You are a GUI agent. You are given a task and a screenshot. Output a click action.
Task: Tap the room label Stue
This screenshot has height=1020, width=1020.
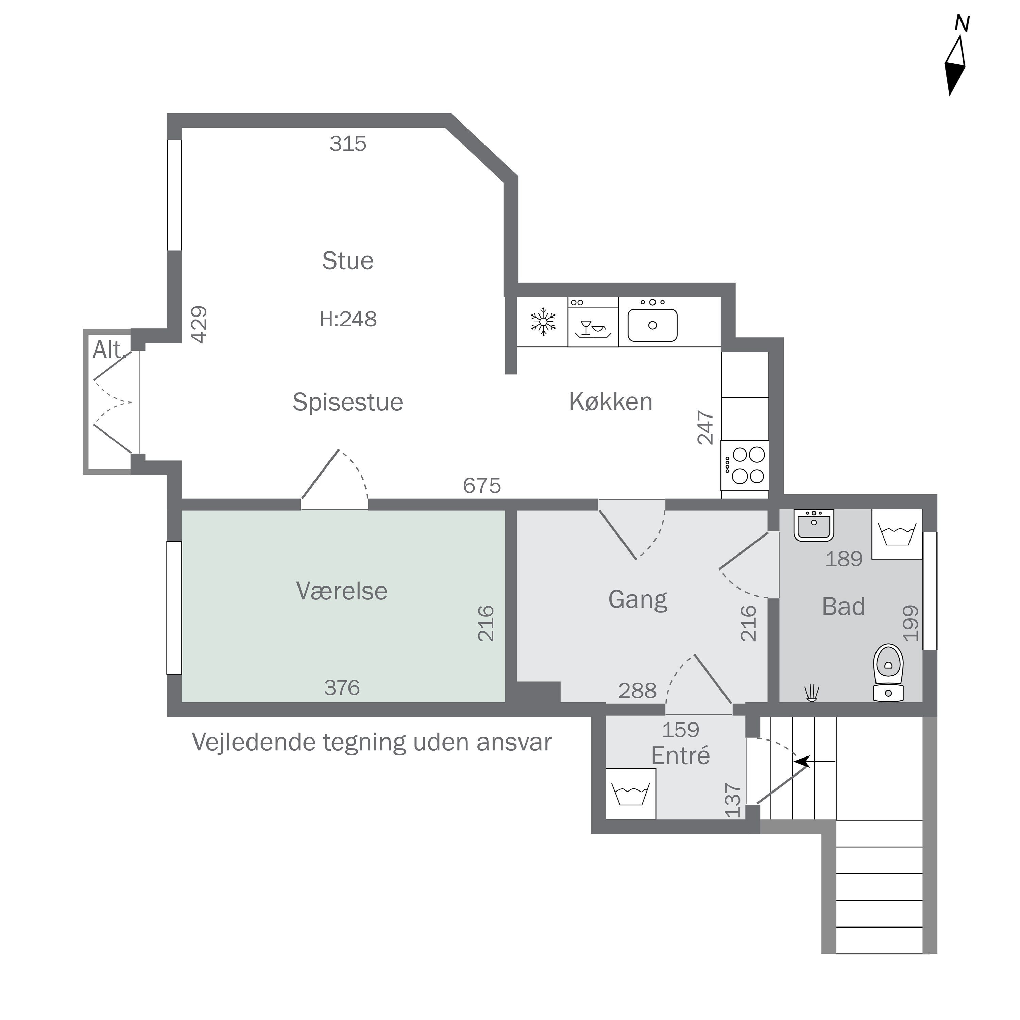(x=348, y=261)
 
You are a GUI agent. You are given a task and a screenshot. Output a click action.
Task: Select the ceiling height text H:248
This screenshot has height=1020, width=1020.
(x=348, y=319)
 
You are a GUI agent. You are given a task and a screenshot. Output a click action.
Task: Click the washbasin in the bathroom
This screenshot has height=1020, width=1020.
(x=814, y=525)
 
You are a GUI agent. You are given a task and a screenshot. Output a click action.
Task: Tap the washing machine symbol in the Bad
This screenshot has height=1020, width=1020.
(x=897, y=534)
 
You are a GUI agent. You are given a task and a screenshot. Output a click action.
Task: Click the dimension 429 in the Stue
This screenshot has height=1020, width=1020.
(x=199, y=324)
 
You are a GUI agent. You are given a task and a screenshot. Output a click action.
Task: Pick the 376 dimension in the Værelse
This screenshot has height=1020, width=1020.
(x=342, y=687)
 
